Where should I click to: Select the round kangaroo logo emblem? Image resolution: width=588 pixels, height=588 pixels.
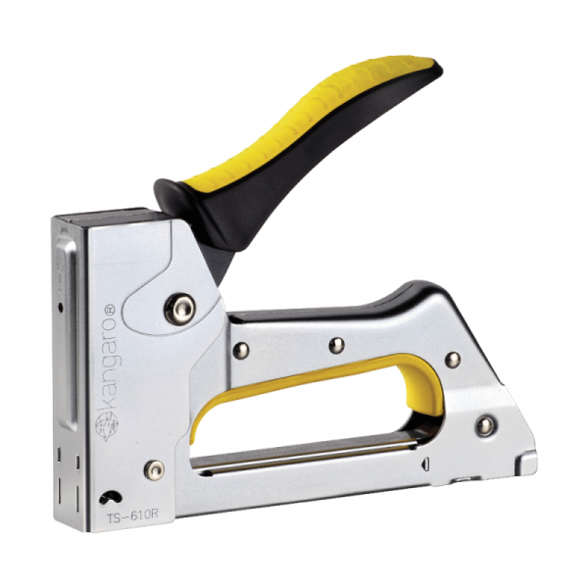coord(107,426)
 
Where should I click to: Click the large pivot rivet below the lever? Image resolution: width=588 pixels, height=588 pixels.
coord(179,309)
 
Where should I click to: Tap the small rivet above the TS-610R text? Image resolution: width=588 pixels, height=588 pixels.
coord(155,469)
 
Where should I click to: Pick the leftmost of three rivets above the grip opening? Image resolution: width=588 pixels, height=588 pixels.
coord(241,350)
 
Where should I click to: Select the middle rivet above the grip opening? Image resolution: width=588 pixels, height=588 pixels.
coord(336,345)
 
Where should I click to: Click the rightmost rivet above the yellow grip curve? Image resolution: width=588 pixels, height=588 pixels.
coord(452,360)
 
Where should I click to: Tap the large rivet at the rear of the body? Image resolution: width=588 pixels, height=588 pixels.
coord(486,425)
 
